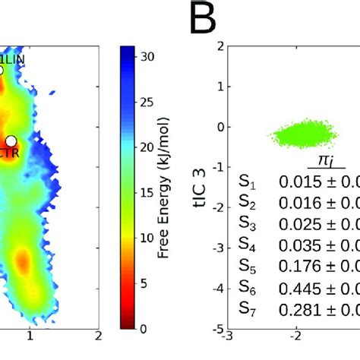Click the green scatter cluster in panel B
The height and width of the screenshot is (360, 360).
coord(301,135)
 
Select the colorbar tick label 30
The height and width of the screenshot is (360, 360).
coord(149,55)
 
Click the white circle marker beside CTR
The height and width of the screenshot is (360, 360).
coord(11,141)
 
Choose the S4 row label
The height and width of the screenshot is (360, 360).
coord(246,245)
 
